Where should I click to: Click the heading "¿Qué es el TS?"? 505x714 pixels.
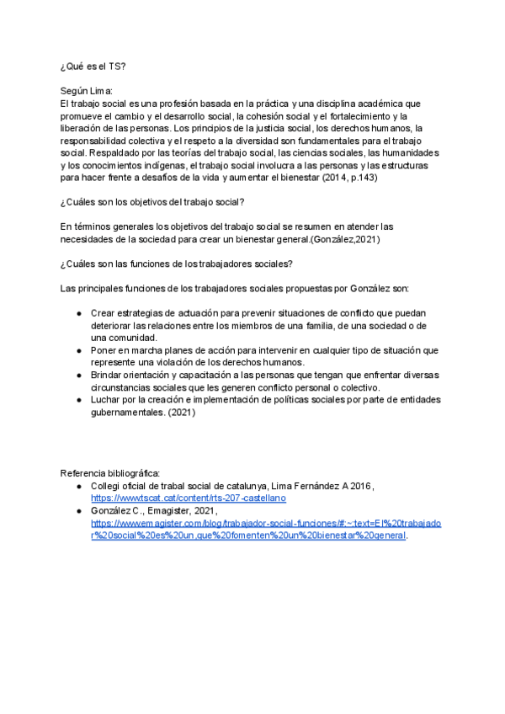[93, 66]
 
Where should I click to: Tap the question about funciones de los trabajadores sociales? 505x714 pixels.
[177, 264]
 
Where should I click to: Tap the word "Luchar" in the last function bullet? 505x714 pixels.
[107, 399]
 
